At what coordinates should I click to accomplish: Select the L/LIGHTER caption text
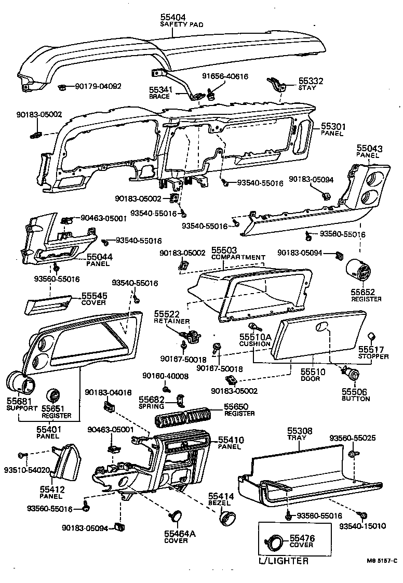point(283,561)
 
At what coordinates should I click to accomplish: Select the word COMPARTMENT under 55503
point(238,257)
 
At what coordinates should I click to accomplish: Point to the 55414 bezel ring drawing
point(226,518)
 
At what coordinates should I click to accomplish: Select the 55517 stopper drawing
point(372,336)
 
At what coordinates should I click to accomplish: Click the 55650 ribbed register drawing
point(185,417)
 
